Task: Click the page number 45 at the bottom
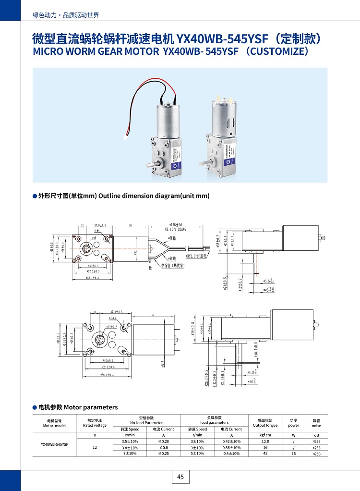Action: (x=180, y=477)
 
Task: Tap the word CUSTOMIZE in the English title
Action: (x=278, y=51)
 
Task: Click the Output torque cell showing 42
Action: (x=265, y=454)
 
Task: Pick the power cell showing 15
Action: (x=293, y=454)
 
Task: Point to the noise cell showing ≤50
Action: (x=316, y=454)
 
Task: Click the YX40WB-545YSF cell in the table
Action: (x=55, y=444)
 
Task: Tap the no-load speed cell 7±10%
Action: (x=130, y=454)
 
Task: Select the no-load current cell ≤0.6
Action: (x=163, y=447)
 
